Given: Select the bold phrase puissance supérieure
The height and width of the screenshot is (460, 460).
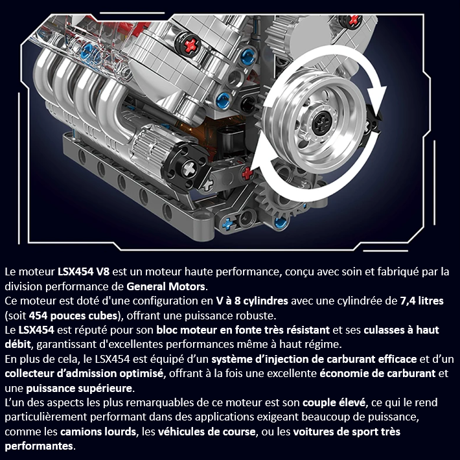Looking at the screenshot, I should (79, 389).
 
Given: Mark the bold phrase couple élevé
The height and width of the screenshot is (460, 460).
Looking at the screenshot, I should (332, 404).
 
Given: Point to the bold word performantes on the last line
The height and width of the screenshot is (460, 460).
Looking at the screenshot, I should (39, 446).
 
